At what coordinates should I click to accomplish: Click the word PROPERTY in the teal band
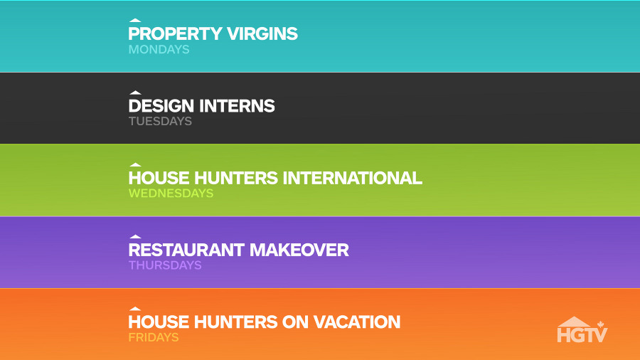pyautogui.click(x=175, y=33)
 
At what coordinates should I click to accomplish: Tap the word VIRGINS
pyautogui.click(x=262, y=33)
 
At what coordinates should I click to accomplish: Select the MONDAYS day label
pyautogui.click(x=159, y=49)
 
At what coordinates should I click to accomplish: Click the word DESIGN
pyautogui.click(x=161, y=106)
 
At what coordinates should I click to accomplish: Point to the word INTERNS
pyautogui.click(x=237, y=106)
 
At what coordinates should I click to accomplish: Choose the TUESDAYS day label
pyautogui.click(x=160, y=121)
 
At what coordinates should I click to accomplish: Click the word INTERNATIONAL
pyautogui.click(x=353, y=178)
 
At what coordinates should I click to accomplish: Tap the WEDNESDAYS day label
pyautogui.click(x=171, y=193)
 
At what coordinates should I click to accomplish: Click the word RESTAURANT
pyautogui.click(x=186, y=250)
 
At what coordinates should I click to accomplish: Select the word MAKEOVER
pyautogui.click(x=299, y=250)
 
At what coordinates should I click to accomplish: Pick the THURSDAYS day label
pyautogui.click(x=165, y=265)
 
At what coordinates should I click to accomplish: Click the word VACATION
pyautogui.click(x=357, y=322)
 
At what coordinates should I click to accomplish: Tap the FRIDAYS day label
pyautogui.click(x=154, y=337)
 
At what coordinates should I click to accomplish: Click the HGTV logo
pyautogui.click(x=582, y=330)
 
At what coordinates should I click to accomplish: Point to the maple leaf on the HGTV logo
pyautogui.click(x=600, y=325)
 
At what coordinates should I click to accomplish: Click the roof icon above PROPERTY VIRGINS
pyautogui.click(x=134, y=21)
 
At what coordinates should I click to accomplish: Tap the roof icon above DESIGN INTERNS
pyautogui.click(x=134, y=92)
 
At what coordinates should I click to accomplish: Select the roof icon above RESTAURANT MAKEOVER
pyautogui.click(x=134, y=237)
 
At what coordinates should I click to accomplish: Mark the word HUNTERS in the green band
pyautogui.click(x=236, y=178)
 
